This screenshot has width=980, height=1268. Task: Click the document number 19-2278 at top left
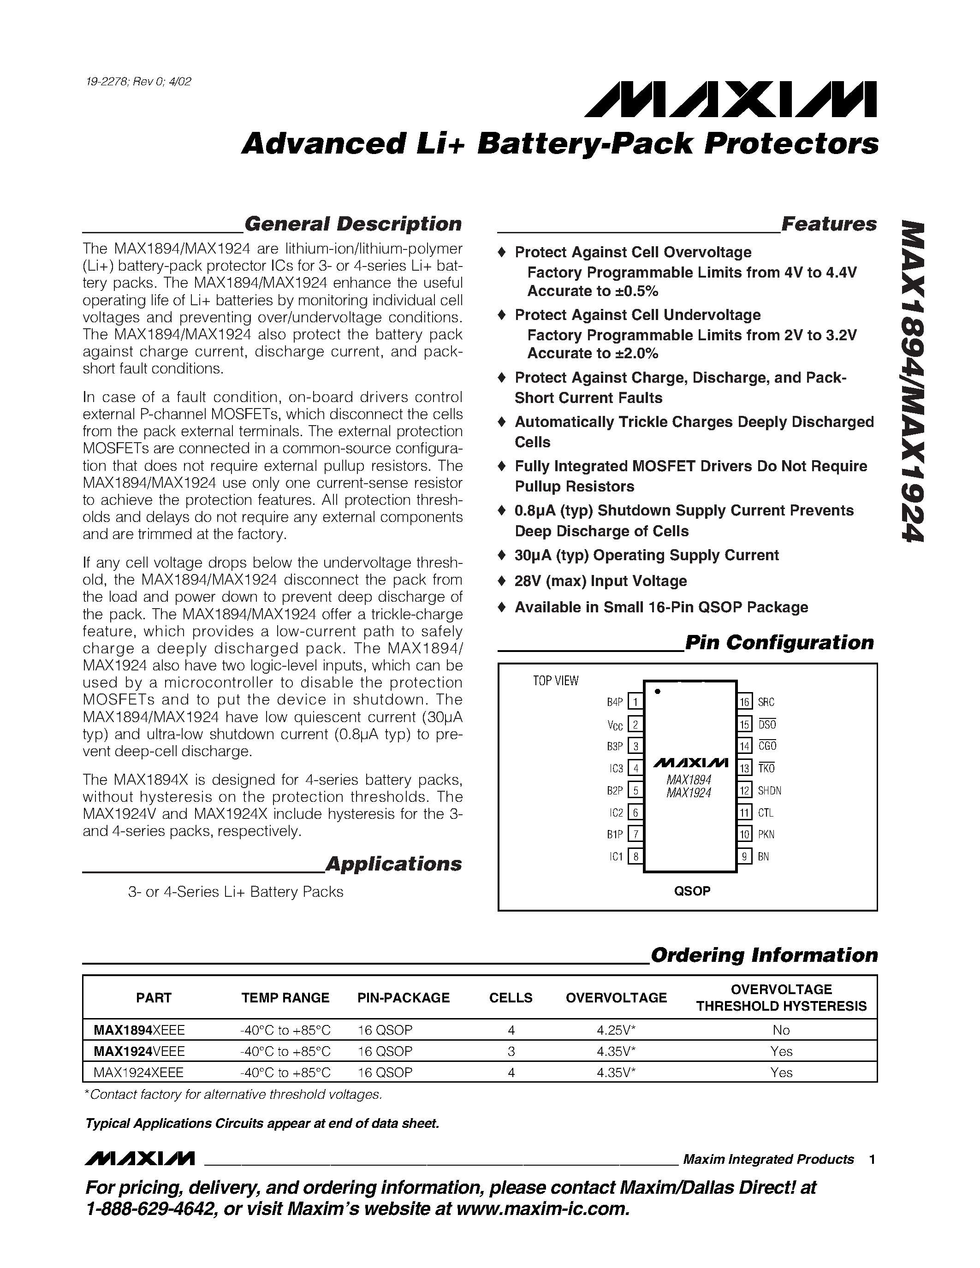[x=137, y=81]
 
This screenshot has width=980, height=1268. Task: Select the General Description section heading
[x=353, y=224]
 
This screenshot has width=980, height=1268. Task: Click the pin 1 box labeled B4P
[x=635, y=703]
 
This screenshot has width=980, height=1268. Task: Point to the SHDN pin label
[x=769, y=791]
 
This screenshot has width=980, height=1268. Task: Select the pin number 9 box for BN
[x=744, y=856]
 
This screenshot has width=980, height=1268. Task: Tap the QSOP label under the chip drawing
[x=692, y=891]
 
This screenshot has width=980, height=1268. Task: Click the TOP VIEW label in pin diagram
[x=556, y=681]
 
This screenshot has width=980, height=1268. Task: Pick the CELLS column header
[x=511, y=997]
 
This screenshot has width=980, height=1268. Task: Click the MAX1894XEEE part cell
[x=139, y=1030]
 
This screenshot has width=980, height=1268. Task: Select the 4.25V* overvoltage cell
[x=616, y=1030]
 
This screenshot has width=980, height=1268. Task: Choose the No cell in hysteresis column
[x=781, y=1030]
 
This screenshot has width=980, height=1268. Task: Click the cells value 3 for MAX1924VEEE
[x=511, y=1051]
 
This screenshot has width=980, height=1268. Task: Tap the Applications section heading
[x=394, y=864]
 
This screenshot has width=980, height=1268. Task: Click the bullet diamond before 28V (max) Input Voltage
[x=502, y=581]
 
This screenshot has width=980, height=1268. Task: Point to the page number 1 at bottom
[x=872, y=1160]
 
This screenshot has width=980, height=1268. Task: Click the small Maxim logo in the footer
[x=139, y=1159]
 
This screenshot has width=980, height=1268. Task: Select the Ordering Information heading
[x=764, y=955]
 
